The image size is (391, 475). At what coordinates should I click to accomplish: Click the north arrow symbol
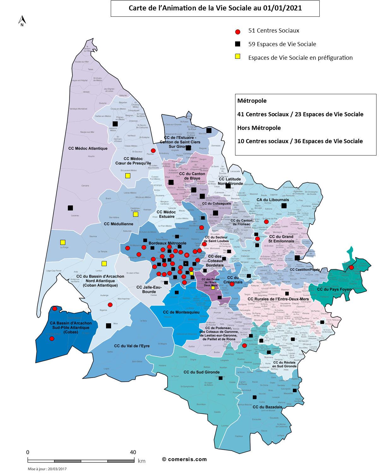click(22, 21)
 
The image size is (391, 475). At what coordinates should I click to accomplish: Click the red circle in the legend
click(238, 32)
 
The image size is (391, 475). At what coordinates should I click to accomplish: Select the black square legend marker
click(238, 44)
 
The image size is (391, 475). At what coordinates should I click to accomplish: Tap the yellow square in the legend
click(238, 57)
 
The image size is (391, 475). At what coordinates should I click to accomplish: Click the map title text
click(215, 8)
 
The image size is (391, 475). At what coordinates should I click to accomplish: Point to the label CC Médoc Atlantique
click(88, 148)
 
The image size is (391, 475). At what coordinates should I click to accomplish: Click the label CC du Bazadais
click(267, 407)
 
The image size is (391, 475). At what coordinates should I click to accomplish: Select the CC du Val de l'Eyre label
click(132, 346)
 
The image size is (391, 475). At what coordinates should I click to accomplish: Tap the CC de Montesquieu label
click(181, 312)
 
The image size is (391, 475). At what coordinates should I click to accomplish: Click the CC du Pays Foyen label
click(334, 289)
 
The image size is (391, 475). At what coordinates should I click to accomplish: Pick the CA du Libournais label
click(273, 200)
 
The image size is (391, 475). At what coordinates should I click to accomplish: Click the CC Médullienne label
click(118, 224)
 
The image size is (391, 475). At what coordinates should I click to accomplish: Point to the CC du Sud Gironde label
click(201, 372)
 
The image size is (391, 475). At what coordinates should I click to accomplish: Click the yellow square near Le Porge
click(63, 242)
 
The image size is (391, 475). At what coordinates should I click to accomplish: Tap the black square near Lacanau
click(70, 208)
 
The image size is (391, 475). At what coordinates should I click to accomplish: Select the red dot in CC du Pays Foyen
click(351, 267)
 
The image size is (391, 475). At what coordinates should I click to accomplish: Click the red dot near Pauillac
click(153, 151)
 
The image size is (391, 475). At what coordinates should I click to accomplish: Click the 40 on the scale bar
click(133, 452)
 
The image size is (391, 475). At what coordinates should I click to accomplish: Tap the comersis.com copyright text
click(184, 459)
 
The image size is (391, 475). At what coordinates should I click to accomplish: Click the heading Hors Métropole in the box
click(259, 128)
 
